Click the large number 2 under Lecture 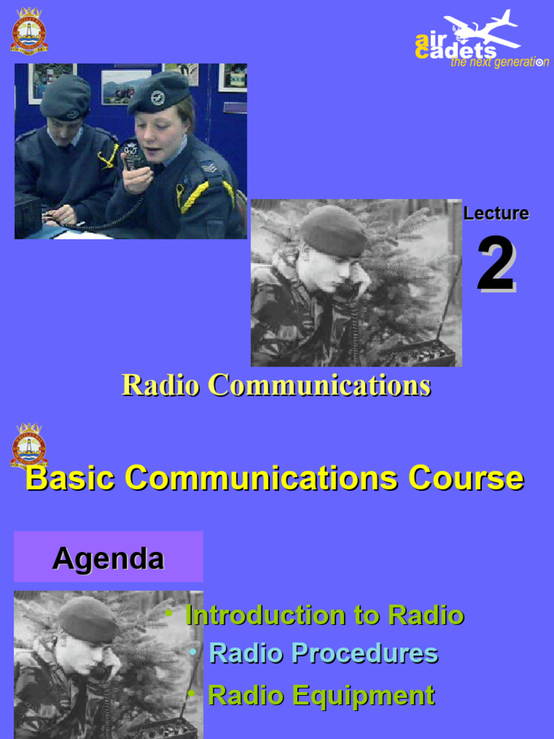point(496,265)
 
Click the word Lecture point(496,214)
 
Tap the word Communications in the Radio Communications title point(319,385)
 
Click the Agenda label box point(108,557)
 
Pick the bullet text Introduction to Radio point(325,616)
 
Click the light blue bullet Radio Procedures point(323,654)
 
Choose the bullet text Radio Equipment point(321,696)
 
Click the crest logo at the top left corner point(29,30)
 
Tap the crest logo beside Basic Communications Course point(29,445)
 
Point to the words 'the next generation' point(499,63)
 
